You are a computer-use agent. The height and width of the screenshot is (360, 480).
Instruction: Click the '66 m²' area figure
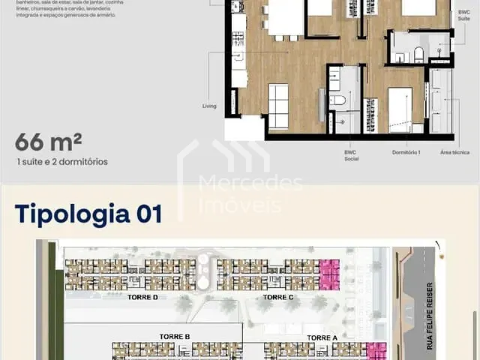[49, 142]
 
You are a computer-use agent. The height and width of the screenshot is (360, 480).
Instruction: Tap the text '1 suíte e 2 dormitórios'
[61, 161]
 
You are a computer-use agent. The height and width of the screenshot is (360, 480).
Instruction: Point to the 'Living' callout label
[209, 106]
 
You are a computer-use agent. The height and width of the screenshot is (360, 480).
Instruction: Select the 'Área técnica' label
[455, 152]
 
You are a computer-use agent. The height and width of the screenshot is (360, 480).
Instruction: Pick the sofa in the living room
[278, 106]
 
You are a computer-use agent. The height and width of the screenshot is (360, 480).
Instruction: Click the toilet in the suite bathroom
[418, 54]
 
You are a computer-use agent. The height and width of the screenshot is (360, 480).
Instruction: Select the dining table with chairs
[284, 21]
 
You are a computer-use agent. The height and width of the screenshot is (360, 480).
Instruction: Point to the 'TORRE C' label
[278, 297]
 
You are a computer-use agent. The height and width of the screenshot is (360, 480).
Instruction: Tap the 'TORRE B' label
[175, 337]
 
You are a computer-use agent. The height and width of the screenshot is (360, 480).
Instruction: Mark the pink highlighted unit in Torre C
[330, 274]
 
